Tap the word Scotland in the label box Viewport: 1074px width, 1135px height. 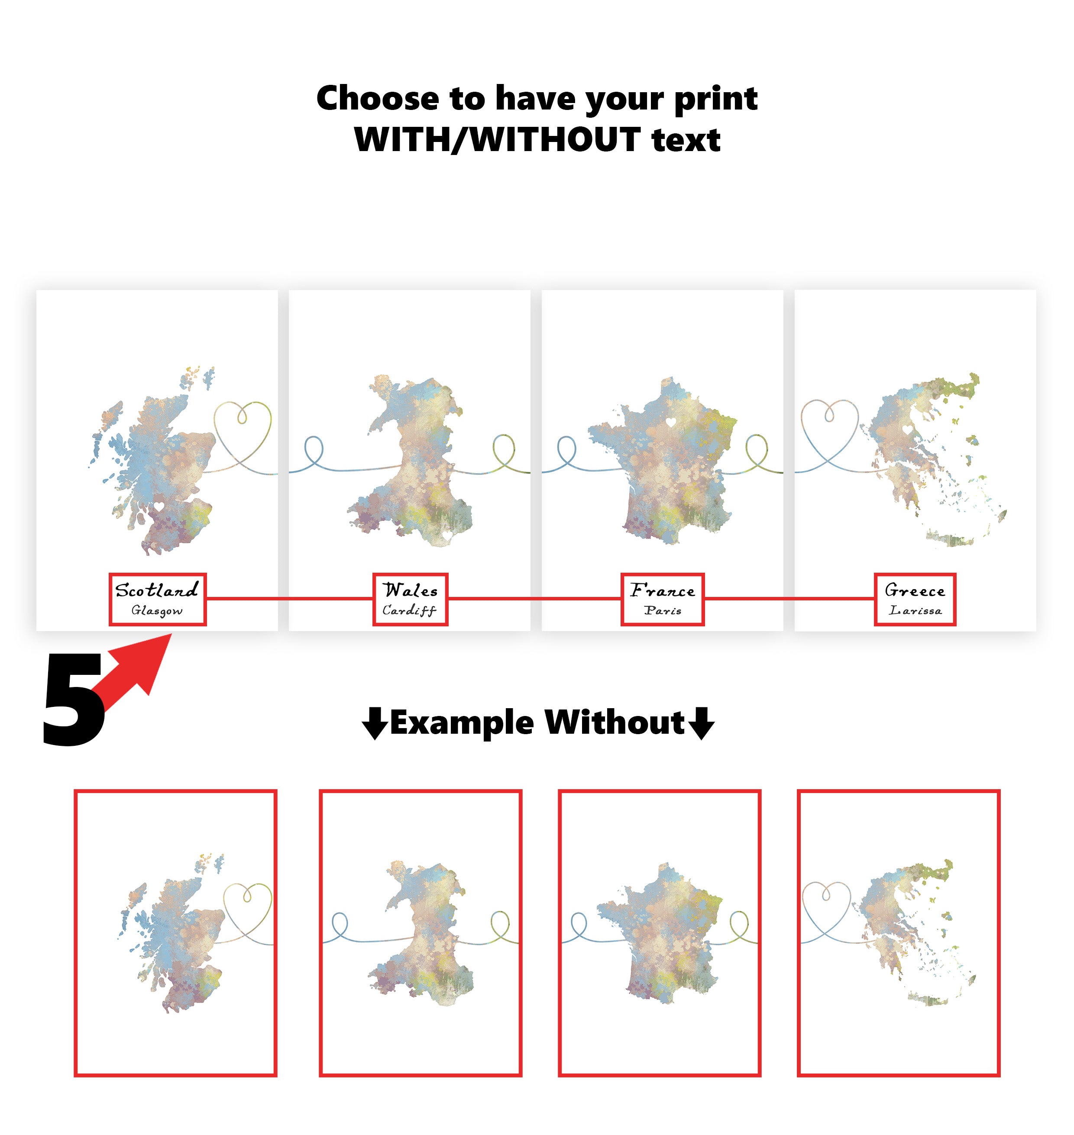pos(156,590)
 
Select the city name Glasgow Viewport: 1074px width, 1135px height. pos(157,611)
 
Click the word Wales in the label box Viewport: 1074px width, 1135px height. pos(410,590)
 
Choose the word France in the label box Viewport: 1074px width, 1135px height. pos(663,590)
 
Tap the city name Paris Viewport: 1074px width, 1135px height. pos(663,611)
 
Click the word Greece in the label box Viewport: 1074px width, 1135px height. pos(915,590)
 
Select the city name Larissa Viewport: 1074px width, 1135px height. pos(915,611)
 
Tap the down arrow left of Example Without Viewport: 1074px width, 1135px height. pos(375,723)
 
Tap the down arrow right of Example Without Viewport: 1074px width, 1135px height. pos(701,723)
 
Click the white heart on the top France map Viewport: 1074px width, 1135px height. pos(670,422)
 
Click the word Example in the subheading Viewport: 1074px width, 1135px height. pos(462,722)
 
